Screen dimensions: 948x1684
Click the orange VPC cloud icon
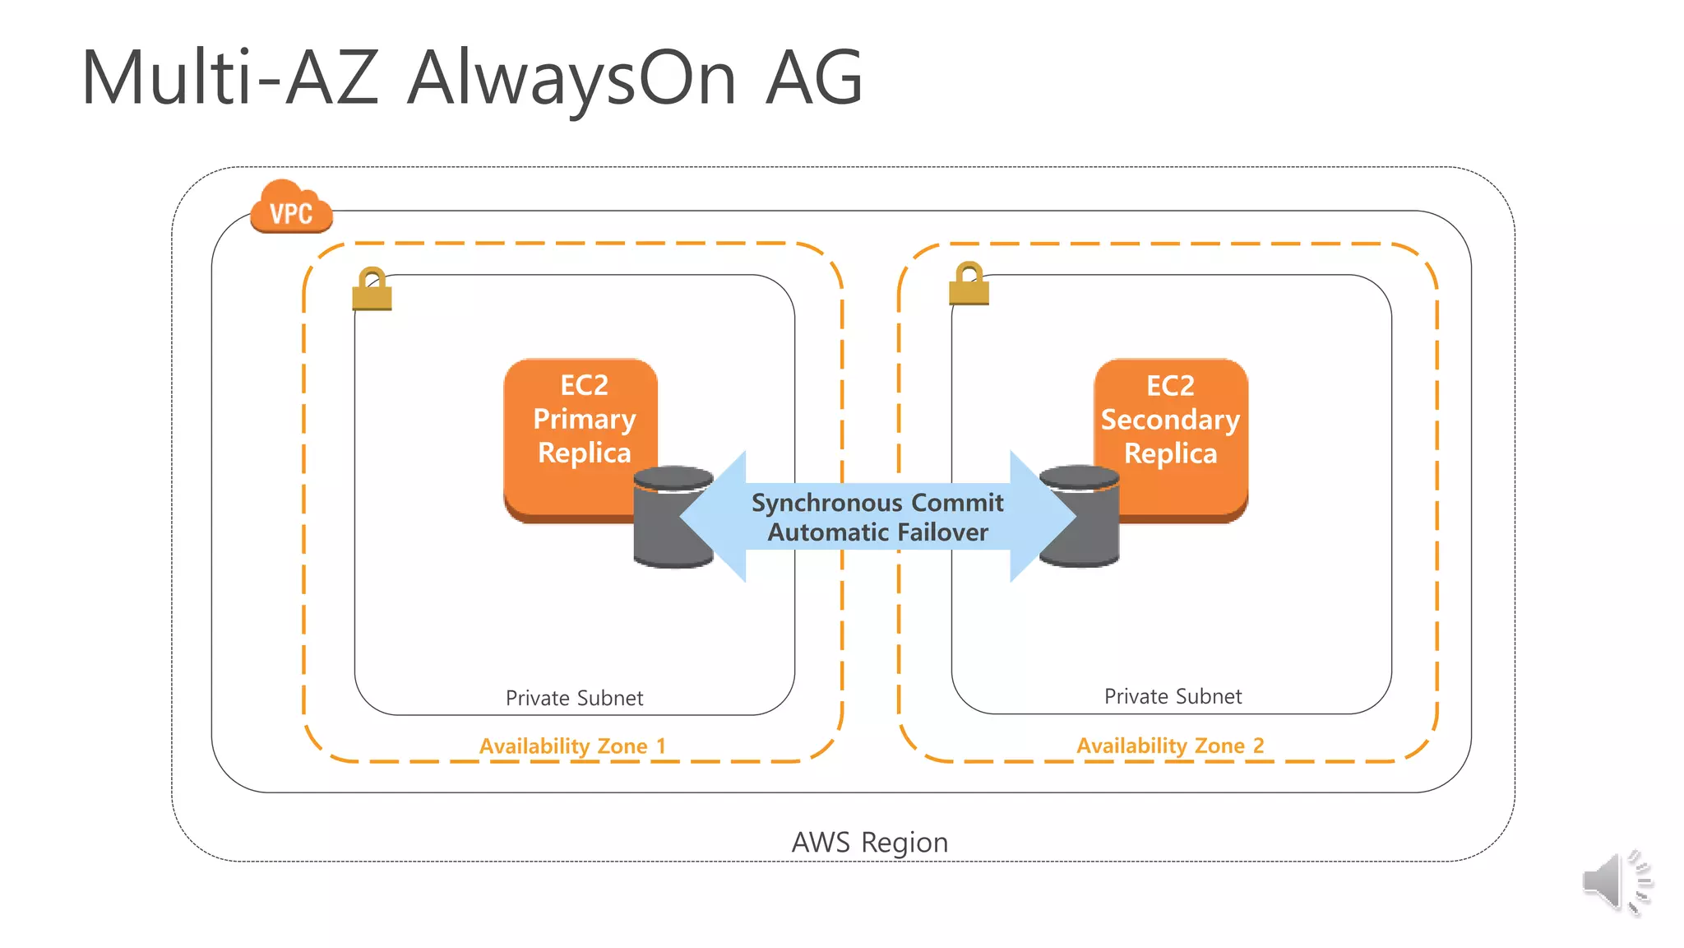tap(291, 208)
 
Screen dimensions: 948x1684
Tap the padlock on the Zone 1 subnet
tap(372, 290)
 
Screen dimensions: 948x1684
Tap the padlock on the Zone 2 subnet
tap(969, 285)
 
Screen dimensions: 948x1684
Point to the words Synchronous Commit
tap(877, 503)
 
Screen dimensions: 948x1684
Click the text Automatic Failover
tap(877, 532)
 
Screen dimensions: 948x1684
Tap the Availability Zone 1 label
tap(572, 746)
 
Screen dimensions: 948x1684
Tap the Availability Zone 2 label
tap(1170, 745)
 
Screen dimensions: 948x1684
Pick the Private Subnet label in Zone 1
tap(574, 698)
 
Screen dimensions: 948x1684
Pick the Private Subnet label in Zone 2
tap(1173, 696)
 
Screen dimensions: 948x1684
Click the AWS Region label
tap(869, 843)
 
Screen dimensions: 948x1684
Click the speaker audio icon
tap(1615, 882)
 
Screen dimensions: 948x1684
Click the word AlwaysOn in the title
tap(571, 78)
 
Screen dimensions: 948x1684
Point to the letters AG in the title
tap(813, 78)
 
